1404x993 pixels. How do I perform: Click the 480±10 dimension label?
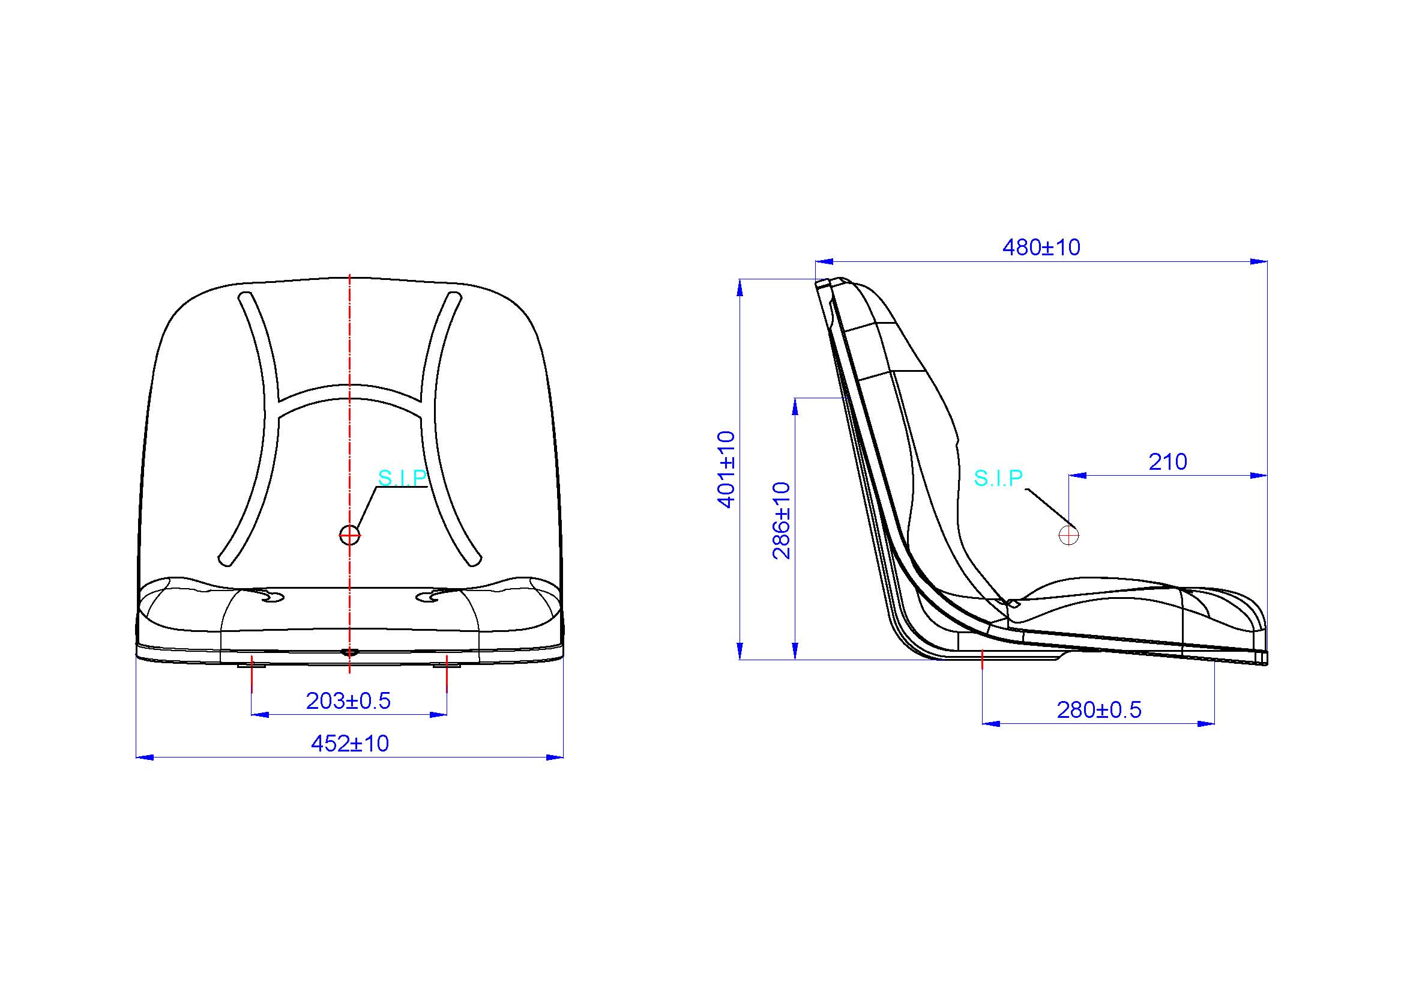coord(1041,247)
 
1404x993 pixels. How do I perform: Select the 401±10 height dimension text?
coord(726,469)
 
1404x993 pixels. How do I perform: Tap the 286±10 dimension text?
coord(782,521)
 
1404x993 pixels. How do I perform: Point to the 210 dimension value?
coord(1167,462)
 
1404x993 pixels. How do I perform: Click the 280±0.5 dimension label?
coord(1099,709)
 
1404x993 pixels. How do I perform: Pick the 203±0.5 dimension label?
coord(348,700)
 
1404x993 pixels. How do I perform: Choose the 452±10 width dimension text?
coord(350,743)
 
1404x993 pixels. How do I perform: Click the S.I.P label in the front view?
coord(402,478)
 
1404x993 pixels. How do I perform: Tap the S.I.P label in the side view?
coord(998,478)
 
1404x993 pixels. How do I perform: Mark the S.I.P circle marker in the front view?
coord(349,535)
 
